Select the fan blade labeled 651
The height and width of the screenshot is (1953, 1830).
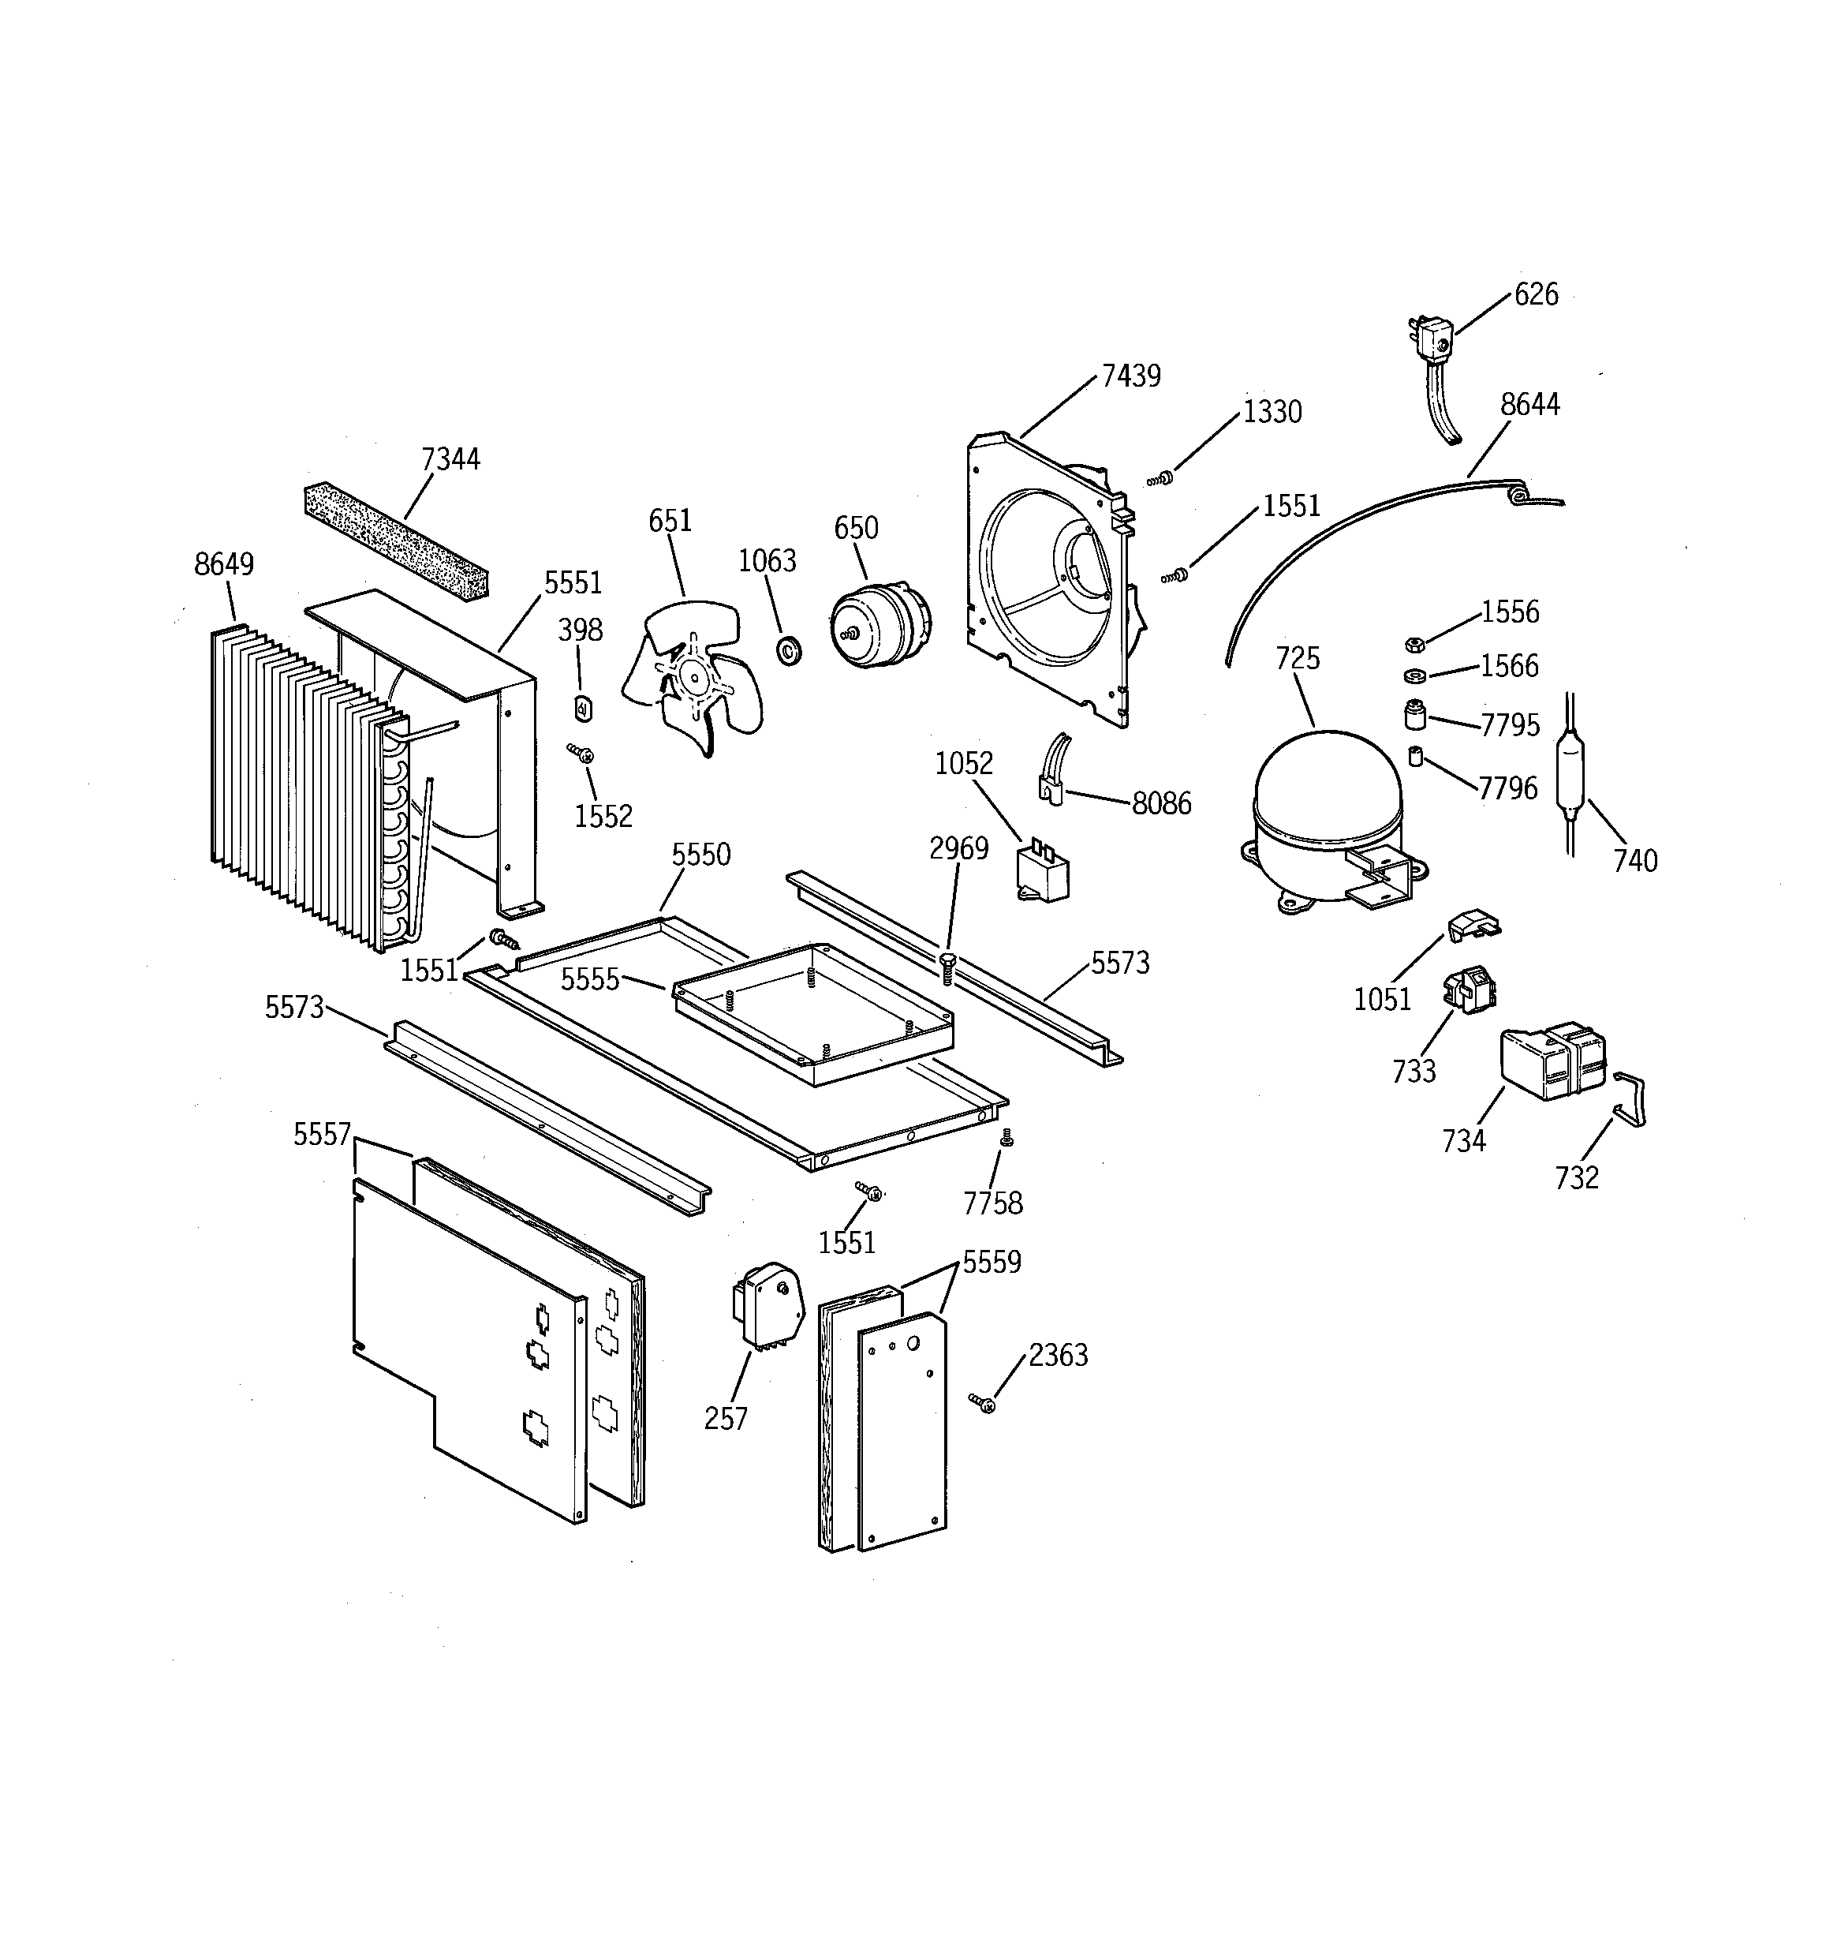point(693,678)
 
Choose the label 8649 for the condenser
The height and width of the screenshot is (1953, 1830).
point(224,564)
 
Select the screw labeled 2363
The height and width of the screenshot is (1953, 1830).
point(981,1403)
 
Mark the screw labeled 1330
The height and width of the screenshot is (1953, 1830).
point(1160,480)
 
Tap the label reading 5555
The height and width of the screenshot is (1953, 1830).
point(589,978)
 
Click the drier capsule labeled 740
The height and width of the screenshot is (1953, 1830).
point(1574,774)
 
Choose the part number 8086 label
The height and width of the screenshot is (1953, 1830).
point(1161,803)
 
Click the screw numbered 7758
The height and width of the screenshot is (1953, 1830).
point(1005,1138)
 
